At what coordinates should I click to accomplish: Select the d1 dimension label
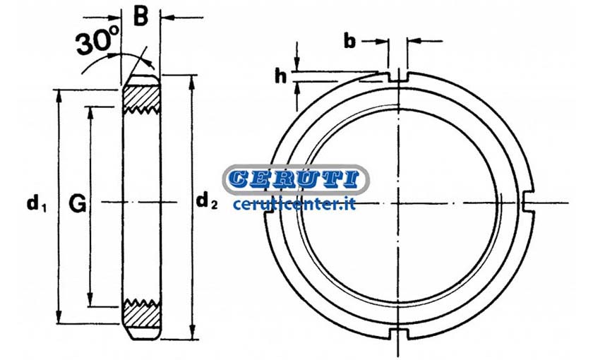pyautogui.click(x=36, y=204)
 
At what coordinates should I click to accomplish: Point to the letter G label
pyautogui.click(x=77, y=204)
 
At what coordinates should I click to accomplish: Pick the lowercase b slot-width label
pyautogui.click(x=350, y=41)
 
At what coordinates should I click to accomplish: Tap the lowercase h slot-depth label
pyautogui.click(x=280, y=76)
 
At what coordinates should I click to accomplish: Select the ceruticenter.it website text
pyautogui.click(x=294, y=204)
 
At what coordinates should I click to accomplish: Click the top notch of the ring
pyautogui.click(x=398, y=77)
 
